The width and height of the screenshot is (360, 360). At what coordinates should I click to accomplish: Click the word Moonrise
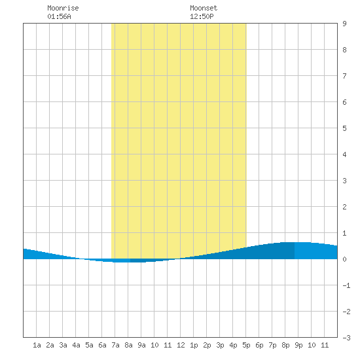click(63, 8)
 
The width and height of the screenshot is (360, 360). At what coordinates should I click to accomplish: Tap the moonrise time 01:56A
click(59, 16)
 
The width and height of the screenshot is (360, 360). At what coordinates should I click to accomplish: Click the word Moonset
click(204, 8)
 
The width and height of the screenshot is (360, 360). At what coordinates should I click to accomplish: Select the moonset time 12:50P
click(202, 16)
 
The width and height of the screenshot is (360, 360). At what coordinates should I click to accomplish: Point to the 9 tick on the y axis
click(344, 24)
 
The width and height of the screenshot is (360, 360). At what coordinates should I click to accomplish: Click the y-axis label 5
click(344, 128)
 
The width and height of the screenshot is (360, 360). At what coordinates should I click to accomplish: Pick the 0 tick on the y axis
click(344, 259)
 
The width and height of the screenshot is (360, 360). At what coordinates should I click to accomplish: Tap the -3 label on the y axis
click(346, 338)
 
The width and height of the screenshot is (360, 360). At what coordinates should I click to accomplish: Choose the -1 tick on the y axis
click(346, 285)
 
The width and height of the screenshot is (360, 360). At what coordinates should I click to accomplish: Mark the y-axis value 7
click(344, 76)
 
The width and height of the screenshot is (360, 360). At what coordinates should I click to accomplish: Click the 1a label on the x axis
click(37, 345)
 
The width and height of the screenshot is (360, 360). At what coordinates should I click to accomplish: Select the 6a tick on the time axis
click(102, 345)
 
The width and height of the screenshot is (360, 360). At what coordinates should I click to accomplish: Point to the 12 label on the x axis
click(181, 345)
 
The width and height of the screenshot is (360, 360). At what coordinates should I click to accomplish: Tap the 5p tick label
click(246, 345)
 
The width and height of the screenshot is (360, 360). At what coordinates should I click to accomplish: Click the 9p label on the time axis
click(298, 345)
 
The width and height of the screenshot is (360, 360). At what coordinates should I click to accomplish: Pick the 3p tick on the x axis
click(220, 345)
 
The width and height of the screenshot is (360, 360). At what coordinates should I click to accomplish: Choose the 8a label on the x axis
click(128, 345)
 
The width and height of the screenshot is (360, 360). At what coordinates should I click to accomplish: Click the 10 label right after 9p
click(312, 345)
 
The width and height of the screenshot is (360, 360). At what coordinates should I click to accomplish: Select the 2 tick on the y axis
click(344, 207)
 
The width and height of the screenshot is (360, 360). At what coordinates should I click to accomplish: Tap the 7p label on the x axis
click(272, 345)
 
